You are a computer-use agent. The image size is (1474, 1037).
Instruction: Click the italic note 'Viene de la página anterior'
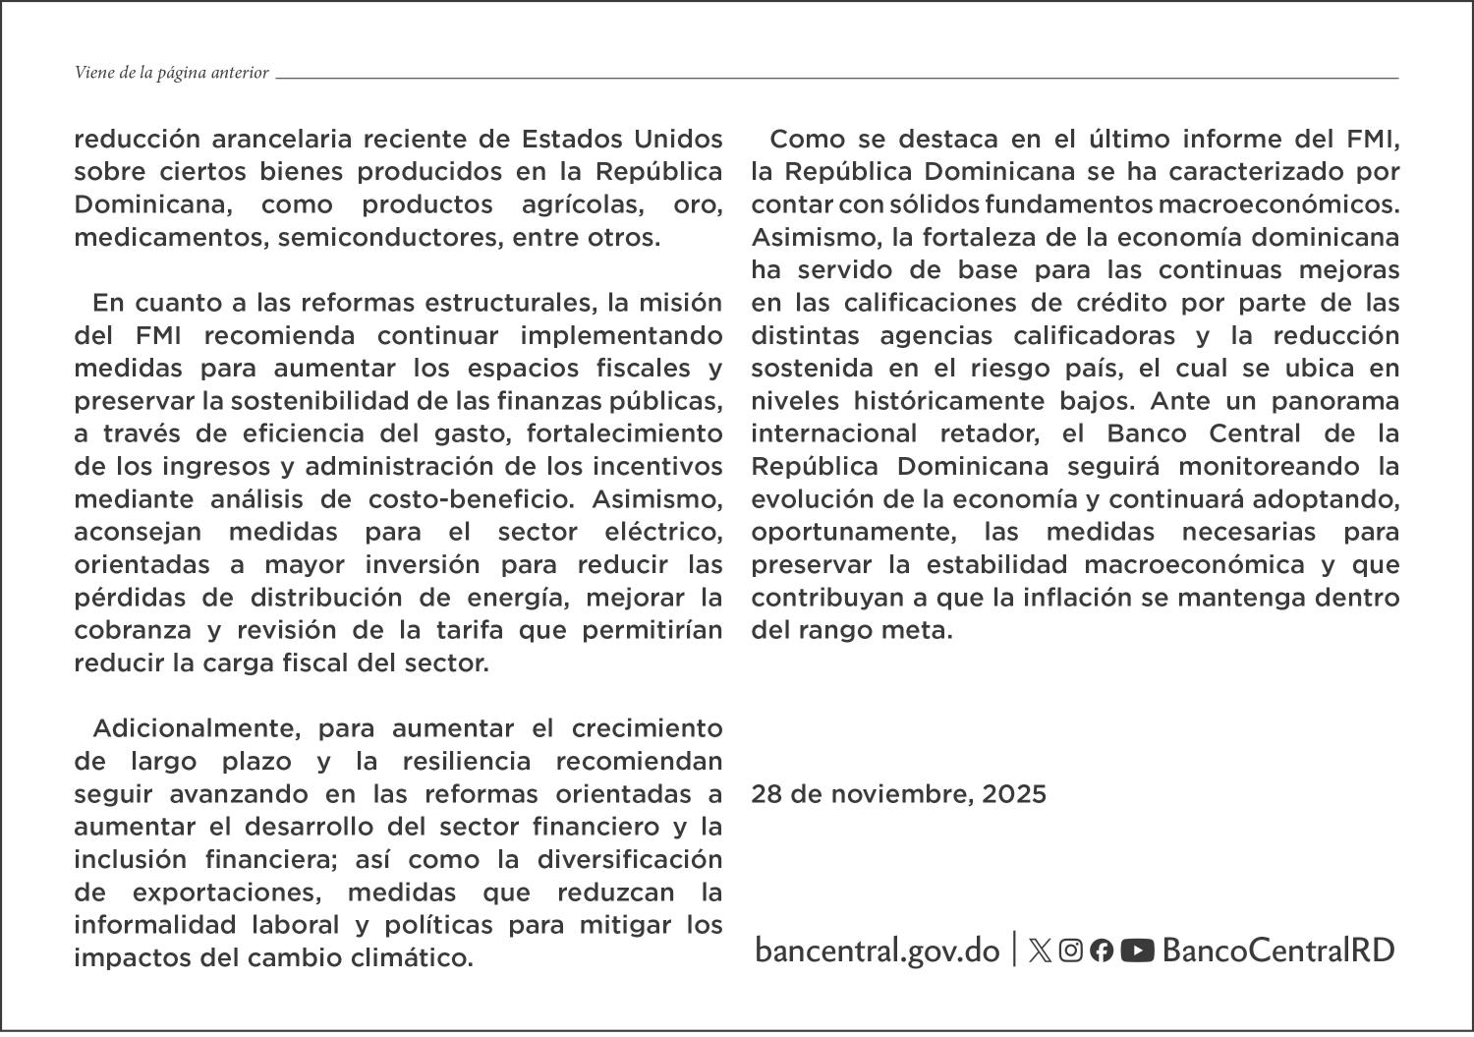(172, 73)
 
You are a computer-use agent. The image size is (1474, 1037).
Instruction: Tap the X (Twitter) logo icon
(1040, 950)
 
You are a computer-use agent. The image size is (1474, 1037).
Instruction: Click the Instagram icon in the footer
(1071, 950)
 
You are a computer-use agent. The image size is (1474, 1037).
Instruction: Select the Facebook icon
(1102, 950)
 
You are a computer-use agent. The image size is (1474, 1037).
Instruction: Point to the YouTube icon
(1137, 950)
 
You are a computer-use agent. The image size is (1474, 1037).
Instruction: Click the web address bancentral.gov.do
(877, 951)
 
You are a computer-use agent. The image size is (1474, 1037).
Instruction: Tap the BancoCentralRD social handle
(1277, 950)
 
